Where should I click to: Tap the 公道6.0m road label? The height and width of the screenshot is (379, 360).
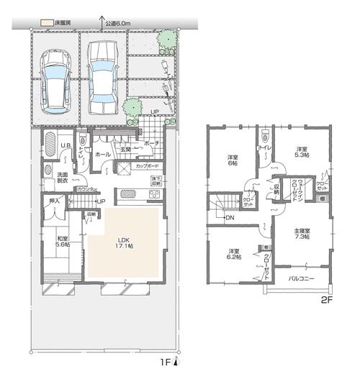pos(117,23)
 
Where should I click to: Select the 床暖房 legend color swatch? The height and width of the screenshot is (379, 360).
pos(46,23)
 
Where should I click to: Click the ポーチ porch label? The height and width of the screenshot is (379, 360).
pos(152,143)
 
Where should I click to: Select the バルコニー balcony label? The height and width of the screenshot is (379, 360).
pos(301,277)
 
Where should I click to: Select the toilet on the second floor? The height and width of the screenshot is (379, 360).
pos(267,134)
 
